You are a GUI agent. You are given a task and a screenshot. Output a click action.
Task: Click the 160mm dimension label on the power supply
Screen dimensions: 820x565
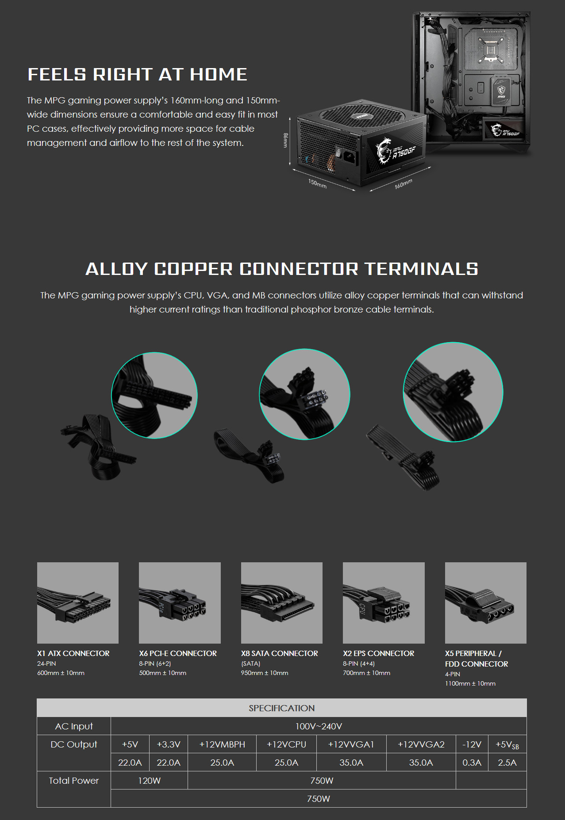click(x=404, y=184)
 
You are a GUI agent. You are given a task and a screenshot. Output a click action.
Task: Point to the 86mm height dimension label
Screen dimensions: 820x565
click(x=285, y=140)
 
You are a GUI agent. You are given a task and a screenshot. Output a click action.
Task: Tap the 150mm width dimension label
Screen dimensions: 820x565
click(x=317, y=183)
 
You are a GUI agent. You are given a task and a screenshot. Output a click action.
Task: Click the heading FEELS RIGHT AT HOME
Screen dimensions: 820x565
click(x=137, y=75)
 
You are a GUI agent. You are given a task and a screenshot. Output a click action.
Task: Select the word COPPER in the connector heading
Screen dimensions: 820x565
click(x=193, y=269)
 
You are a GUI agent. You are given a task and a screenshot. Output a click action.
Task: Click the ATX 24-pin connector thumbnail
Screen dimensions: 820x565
click(x=78, y=603)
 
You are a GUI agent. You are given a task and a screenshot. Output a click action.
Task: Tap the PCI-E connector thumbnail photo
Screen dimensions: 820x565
click(x=180, y=603)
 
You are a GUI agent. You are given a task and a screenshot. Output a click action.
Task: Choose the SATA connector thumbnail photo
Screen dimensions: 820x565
click(x=281, y=603)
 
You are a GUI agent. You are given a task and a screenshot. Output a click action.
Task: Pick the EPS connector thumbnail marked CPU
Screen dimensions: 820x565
click(x=384, y=603)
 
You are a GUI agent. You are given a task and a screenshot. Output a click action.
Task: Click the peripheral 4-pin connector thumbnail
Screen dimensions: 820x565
click(x=485, y=603)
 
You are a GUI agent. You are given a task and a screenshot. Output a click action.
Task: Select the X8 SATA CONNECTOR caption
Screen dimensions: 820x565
click(x=279, y=653)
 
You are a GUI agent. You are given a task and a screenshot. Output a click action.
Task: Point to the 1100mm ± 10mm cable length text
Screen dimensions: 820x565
click(x=470, y=683)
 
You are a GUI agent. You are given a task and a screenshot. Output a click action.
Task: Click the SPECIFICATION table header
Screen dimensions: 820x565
click(x=281, y=708)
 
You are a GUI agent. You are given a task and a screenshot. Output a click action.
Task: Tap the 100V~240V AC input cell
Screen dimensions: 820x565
click(x=319, y=726)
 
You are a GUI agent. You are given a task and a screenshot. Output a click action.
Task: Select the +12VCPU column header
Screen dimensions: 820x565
click(x=286, y=744)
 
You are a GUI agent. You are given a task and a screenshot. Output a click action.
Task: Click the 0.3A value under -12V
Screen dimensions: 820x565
click(x=472, y=763)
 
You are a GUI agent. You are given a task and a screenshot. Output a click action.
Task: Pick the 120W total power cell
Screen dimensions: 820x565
click(x=149, y=781)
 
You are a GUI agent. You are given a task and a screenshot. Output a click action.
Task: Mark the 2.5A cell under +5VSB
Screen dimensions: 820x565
click(x=507, y=763)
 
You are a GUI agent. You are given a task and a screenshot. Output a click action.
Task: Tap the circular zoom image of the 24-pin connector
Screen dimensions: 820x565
click(x=154, y=395)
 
